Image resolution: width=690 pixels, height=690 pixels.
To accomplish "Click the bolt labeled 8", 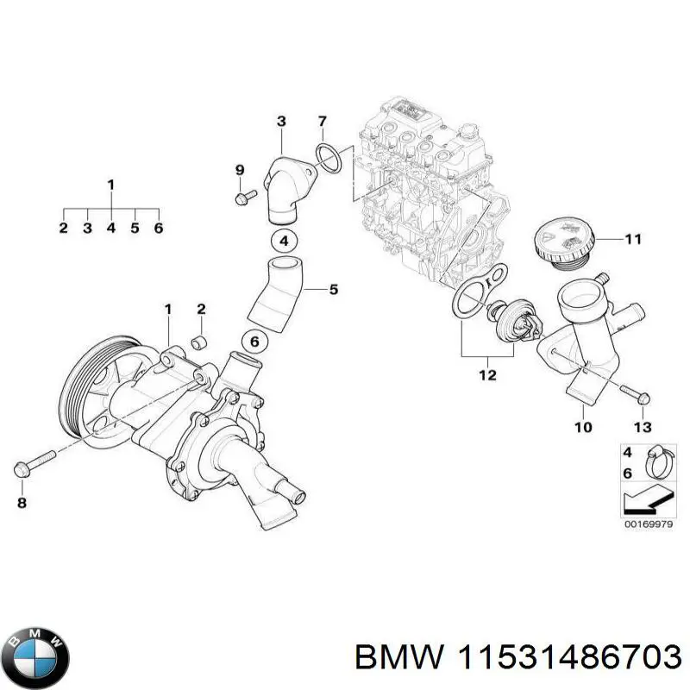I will tap(33, 461).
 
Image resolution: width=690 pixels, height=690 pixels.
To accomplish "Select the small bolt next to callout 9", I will tap(241, 199).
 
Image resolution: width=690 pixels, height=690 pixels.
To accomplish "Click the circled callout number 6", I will tap(254, 342).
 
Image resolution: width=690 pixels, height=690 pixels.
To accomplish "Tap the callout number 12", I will tap(487, 375).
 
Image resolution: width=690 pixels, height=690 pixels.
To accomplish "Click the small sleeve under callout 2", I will tap(198, 342).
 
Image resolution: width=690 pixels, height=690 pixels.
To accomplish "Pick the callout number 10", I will tap(583, 426).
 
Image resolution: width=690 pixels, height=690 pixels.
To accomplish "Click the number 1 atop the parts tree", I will tap(110, 184).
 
